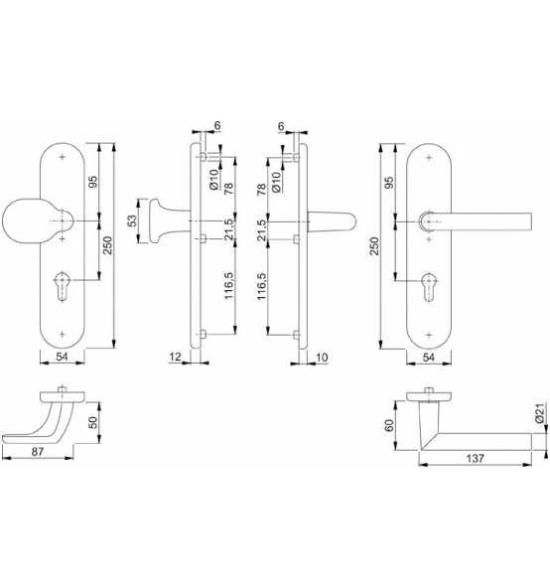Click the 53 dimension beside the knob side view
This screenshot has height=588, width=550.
(132, 220)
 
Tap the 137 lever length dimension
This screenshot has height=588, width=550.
(475, 458)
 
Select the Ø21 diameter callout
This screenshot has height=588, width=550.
(539, 413)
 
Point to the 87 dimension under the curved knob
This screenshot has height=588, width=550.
(38, 452)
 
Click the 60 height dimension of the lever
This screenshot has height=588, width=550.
(389, 425)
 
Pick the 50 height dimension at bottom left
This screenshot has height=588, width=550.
(92, 422)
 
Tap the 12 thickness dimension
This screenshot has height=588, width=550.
(175, 357)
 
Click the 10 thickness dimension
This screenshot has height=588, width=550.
(322, 358)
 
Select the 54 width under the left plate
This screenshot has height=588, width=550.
(62, 357)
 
